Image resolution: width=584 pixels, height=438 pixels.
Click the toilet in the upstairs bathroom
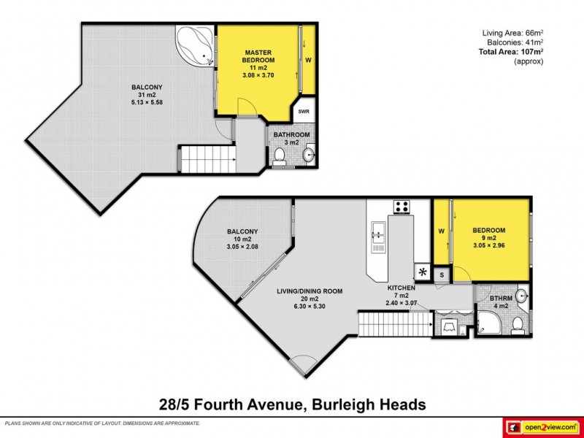280,155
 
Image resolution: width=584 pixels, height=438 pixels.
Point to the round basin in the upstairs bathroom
308,155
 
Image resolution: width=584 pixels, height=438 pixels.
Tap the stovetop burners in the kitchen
401,207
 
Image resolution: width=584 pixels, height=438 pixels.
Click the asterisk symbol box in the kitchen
422,274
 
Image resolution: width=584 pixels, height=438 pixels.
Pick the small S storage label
441,274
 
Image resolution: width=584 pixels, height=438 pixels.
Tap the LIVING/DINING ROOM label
310,291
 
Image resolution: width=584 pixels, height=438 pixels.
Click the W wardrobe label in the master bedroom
308,60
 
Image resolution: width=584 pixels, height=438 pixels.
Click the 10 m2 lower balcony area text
242,239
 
